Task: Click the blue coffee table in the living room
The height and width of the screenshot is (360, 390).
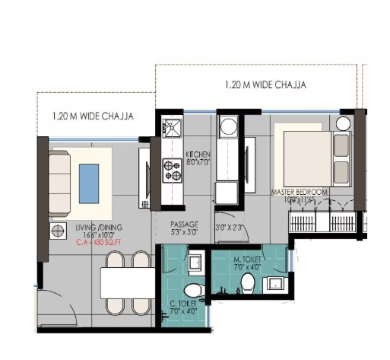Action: pyautogui.click(x=89, y=183)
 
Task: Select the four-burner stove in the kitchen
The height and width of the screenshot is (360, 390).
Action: pyautogui.click(x=171, y=170)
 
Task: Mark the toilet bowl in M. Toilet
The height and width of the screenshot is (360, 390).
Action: pyautogui.click(x=246, y=283)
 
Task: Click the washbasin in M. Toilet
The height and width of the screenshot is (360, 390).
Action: pyautogui.click(x=274, y=285)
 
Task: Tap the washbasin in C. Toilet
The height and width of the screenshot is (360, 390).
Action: pyautogui.click(x=195, y=263)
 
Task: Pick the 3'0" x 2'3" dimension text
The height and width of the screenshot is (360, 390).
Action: pyautogui.click(x=229, y=226)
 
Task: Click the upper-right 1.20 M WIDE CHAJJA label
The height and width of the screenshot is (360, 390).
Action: pyautogui.click(x=266, y=84)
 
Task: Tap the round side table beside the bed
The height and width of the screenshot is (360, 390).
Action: pyautogui.click(x=343, y=123)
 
